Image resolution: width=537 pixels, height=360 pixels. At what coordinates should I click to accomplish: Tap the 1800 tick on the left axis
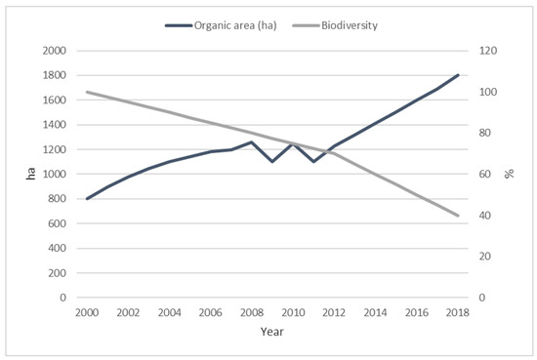click(x=56, y=75)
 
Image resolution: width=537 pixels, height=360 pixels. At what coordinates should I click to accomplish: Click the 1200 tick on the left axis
click(x=56, y=149)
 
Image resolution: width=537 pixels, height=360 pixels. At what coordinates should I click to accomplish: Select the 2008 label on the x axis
click(x=251, y=312)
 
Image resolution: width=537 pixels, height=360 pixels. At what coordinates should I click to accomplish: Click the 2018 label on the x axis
click(x=457, y=312)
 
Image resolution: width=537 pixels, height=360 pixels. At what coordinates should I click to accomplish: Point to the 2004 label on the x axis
click(x=169, y=312)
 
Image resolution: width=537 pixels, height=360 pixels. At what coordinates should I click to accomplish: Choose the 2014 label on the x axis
click(x=375, y=312)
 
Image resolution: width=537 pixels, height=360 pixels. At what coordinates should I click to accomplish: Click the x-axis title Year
click(x=271, y=331)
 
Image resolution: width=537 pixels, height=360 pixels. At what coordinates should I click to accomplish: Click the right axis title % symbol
click(x=509, y=174)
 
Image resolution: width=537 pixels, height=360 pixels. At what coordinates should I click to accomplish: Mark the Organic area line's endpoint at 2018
click(x=457, y=75)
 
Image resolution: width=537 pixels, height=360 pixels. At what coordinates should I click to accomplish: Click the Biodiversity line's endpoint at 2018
click(x=457, y=216)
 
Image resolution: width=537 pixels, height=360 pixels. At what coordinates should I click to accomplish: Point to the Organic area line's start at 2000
click(x=87, y=198)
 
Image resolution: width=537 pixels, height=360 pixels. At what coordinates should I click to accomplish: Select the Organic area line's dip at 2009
click(x=271, y=161)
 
